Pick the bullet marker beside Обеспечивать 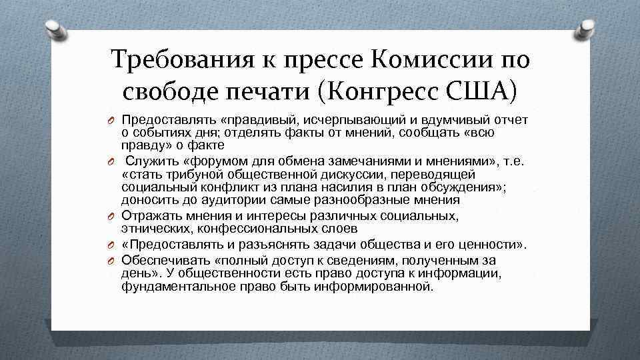click(x=113, y=260)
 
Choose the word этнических click(x=153, y=229)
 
